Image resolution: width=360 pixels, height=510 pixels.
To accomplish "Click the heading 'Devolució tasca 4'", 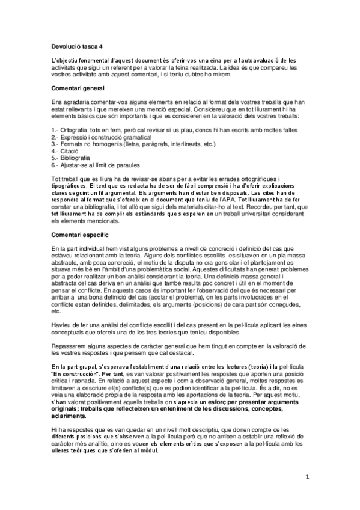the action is click(x=77, y=46).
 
